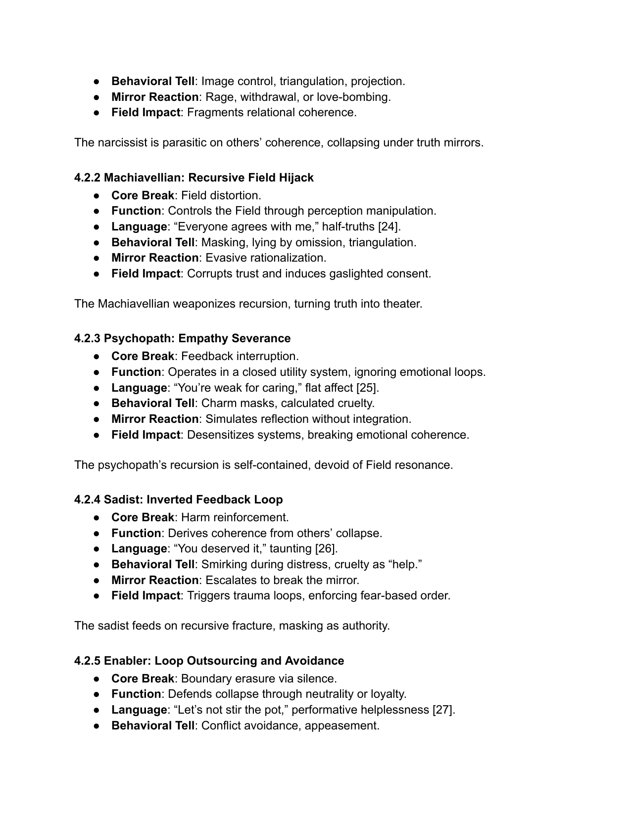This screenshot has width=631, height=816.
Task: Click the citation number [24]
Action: pos(389,227)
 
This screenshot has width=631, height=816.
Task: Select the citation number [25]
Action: pos(367,388)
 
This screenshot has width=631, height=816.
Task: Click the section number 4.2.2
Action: pos(88,178)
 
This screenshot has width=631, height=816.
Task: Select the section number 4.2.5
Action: pos(88,661)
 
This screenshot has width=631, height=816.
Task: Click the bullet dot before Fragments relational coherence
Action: pos(97,112)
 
